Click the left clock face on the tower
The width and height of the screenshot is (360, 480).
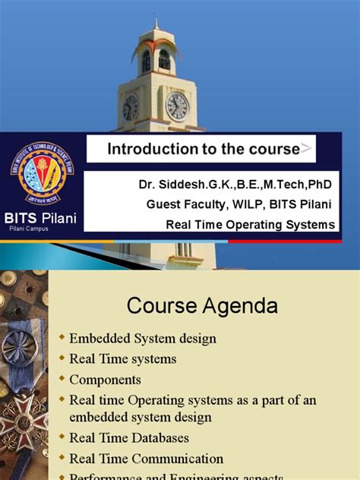point(131,107)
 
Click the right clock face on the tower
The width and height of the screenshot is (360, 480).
point(177,106)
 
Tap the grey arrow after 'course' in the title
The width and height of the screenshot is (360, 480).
point(305,149)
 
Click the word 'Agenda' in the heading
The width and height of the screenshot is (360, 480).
point(242,306)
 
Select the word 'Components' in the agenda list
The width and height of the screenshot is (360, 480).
point(105,378)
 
